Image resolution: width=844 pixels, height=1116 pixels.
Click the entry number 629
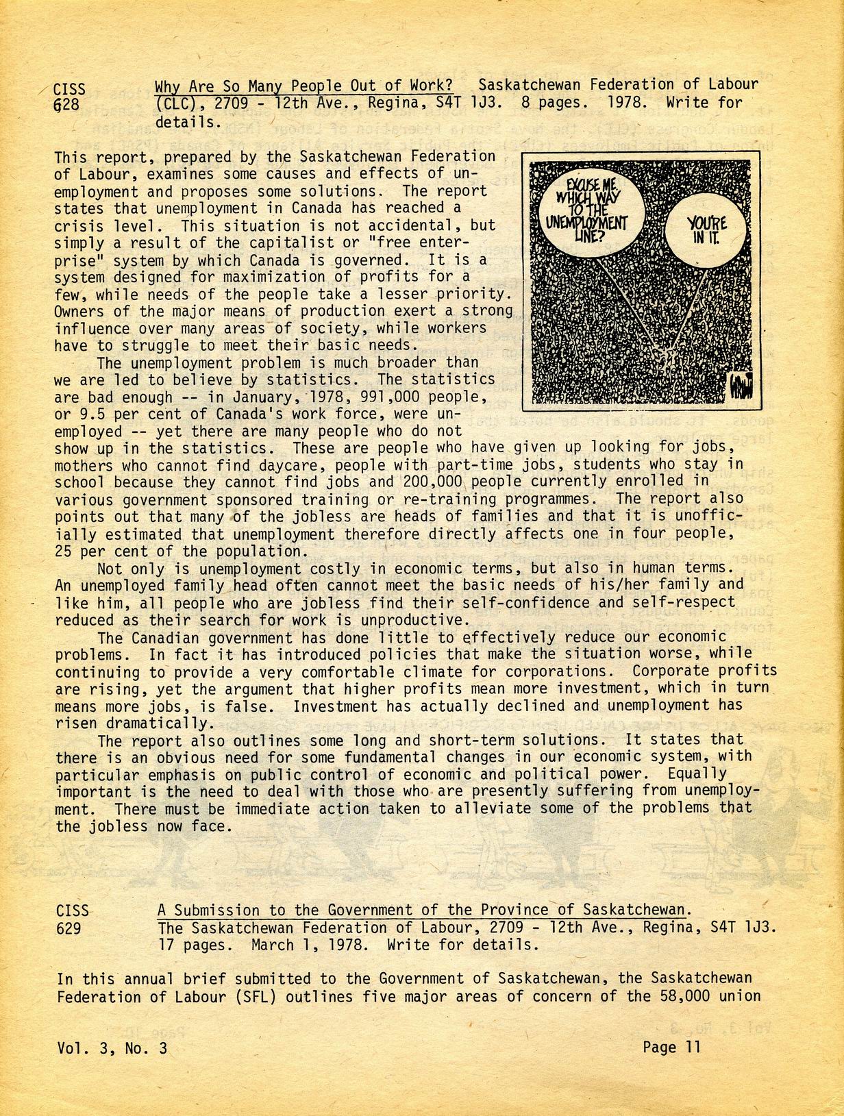click(x=69, y=928)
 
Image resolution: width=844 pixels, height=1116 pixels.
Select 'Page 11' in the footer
click(x=671, y=1047)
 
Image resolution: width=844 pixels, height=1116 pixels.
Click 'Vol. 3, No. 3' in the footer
click(x=112, y=1048)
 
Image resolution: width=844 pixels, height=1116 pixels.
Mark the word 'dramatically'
click(x=152, y=723)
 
